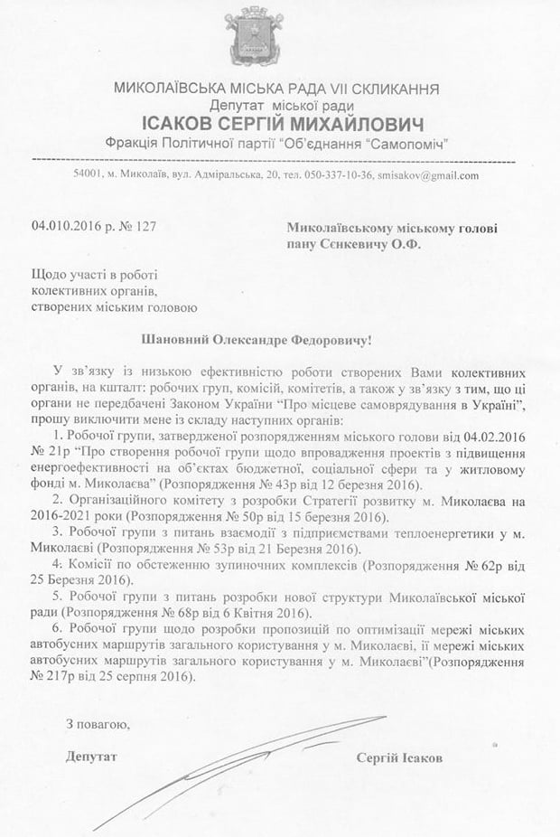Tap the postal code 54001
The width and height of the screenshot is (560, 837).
(89, 176)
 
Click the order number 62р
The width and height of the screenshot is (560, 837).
(487, 566)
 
